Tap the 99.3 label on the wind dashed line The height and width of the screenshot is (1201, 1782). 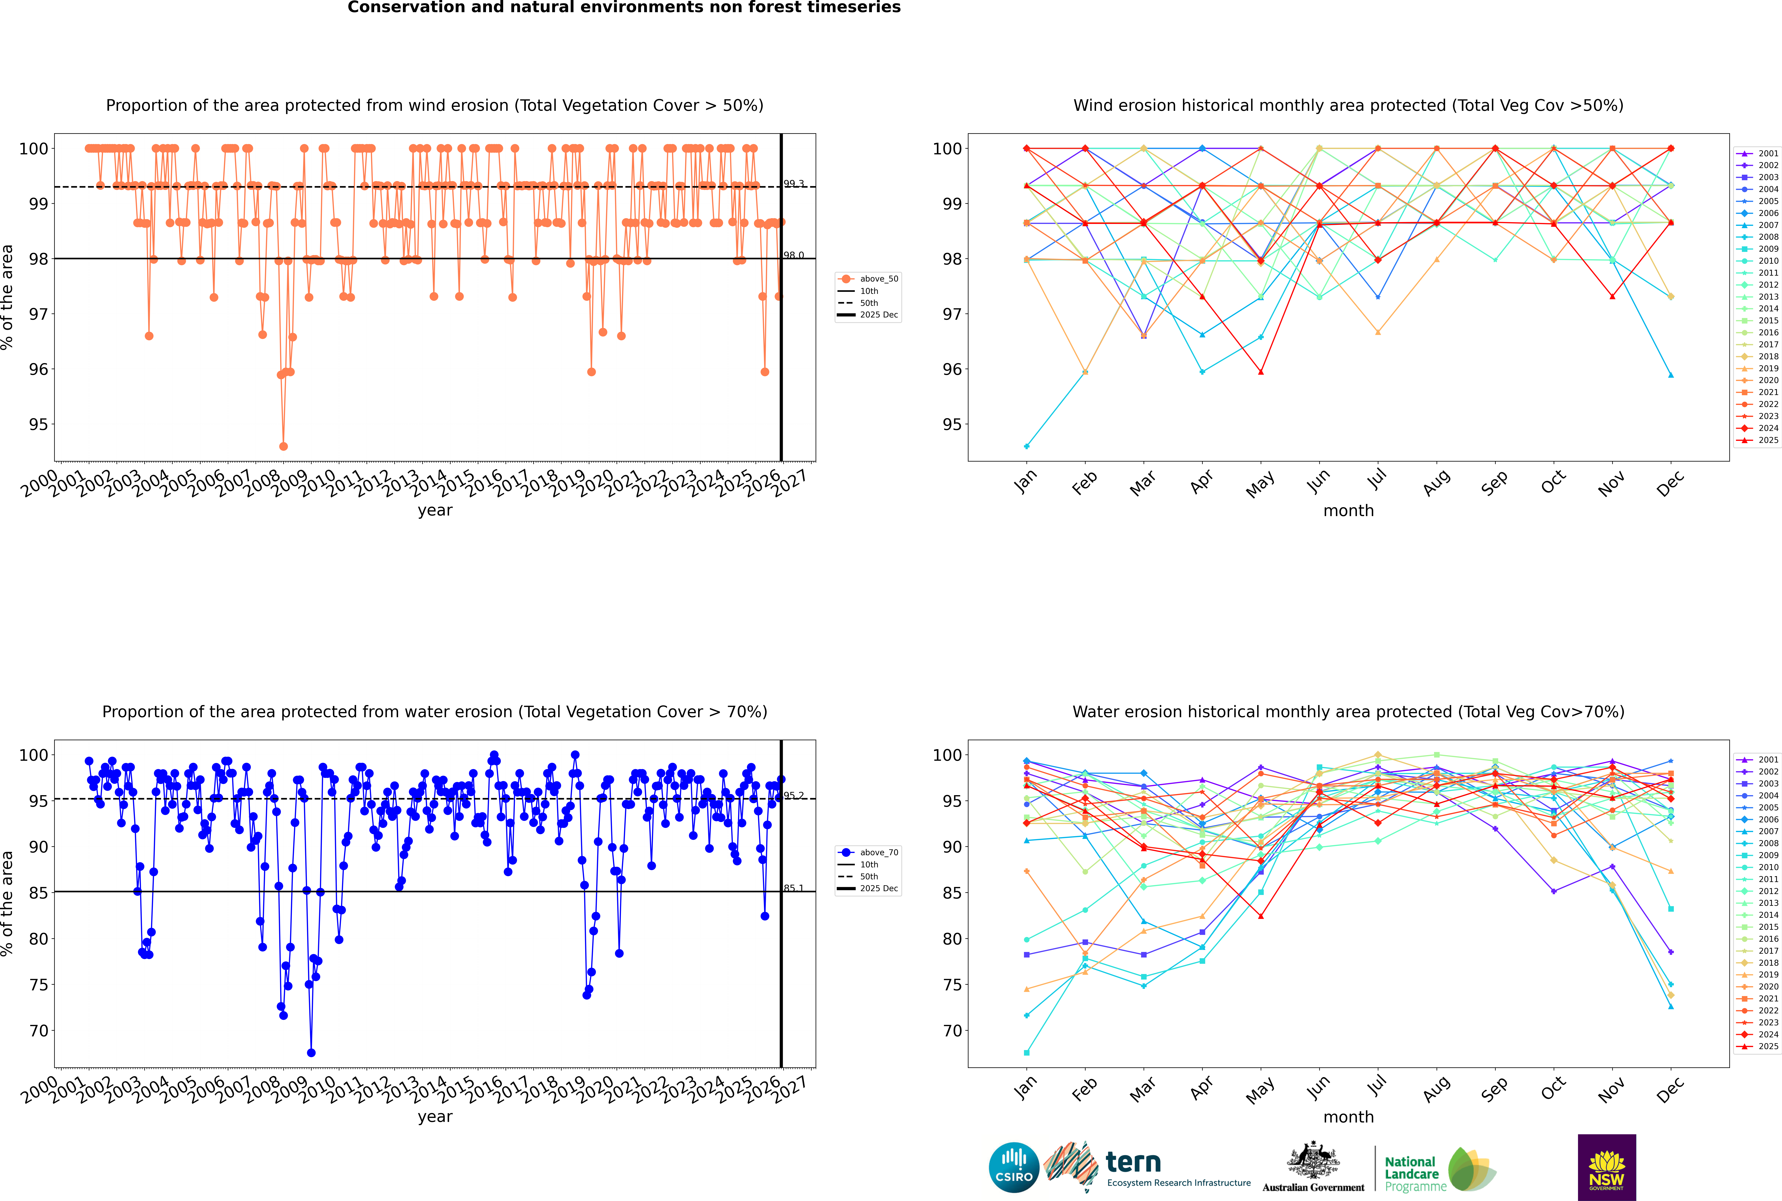[794, 184]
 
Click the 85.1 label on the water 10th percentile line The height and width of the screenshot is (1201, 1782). [794, 888]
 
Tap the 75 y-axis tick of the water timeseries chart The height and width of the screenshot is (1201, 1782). [38, 985]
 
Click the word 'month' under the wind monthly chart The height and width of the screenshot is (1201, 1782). [1348, 511]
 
